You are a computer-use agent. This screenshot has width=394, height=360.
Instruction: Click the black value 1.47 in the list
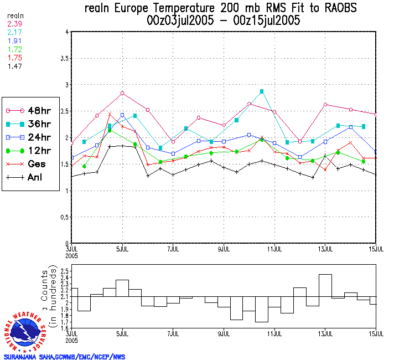point(15,66)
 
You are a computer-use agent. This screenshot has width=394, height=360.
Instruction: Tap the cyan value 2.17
point(15,33)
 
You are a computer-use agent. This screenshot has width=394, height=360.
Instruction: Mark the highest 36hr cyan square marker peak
point(262,91)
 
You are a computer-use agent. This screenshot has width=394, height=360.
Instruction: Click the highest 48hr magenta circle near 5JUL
point(122,93)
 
